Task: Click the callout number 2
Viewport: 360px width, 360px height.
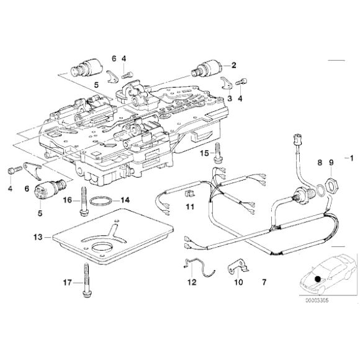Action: click(x=235, y=65)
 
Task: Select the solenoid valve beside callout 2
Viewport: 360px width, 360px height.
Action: click(x=207, y=68)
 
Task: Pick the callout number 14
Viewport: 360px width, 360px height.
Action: click(x=125, y=200)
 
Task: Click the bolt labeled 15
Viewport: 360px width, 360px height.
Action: click(x=218, y=151)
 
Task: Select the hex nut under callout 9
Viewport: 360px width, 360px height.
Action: click(x=331, y=185)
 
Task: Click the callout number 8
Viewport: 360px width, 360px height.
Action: click(x=319, y=163)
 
